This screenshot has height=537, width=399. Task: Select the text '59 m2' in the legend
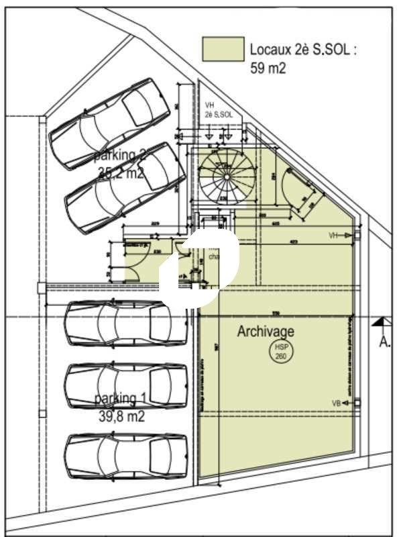pos(268,67)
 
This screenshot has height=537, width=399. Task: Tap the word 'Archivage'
pos(266,332)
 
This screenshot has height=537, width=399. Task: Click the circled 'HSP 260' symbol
pos(280,352)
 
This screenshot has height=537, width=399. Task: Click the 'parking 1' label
pos(120,399)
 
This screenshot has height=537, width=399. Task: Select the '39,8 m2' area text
pos(121,416)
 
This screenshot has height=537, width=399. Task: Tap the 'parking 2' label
pos(120,156)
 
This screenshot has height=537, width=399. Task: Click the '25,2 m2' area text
pos(121,173)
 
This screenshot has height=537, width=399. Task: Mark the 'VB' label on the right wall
pos(337,403)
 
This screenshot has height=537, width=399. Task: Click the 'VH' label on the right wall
pos(333,236)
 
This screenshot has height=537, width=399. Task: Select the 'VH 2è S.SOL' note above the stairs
pos(218,110)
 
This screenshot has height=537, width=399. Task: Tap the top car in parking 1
pos(125,323)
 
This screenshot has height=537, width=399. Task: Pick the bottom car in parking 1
pos(125,456)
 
